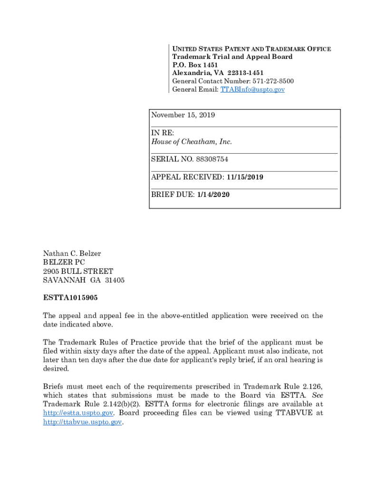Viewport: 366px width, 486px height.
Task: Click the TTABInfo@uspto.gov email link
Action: pyautogui.click(x=252, y=89)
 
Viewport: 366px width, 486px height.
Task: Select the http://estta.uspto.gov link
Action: pyautogui.click(x=78, y=413)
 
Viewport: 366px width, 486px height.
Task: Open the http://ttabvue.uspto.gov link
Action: pyautogui.click(x=83, y=422)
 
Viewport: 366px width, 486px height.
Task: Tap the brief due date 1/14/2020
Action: pyautogui.click(x=213, y=195)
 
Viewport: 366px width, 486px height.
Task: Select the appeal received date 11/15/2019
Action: pyautogui.click(x=245, y=177)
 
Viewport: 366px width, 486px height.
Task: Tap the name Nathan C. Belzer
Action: pyautogui.click(x=72, y=253)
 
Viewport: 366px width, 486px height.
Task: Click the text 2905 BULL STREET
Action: pyautogui.click(x=78, y=271)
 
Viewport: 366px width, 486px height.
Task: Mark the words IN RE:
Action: pyautogui.click(x=163, y=133)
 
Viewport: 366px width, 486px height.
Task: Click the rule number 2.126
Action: pyautogui.click(x=313, y=386)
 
